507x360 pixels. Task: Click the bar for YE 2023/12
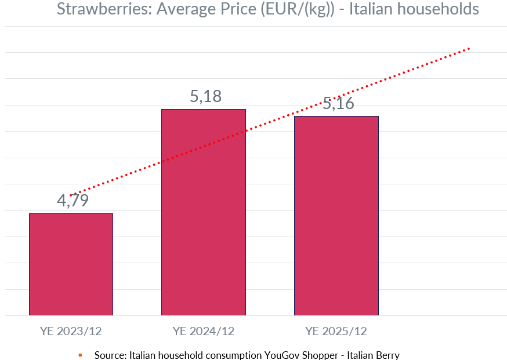pyautogui.click(x=71, y=264)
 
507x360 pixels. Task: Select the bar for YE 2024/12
pyautogui.click(x=203, y=212)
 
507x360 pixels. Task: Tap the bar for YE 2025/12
pyautogui.click(x=336, y=216)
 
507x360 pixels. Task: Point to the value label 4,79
pyautogui.click(x=72, y=201)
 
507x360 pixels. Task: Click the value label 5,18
pyautogui.click(x=206, y=96)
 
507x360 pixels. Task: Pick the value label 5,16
pyautogui.click(x=338, y=104)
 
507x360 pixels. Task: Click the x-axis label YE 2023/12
pyautogui.click(x=71, y=332)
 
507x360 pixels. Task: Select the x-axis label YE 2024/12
pyautogui.click(x=203, y=332)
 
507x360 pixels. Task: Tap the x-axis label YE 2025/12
pyautogui.click(x=336, y=332)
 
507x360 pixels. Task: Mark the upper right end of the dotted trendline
pyautogui.click(x=468, y=49)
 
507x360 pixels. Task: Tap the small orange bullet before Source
pyautogui.click(x=80, y=355)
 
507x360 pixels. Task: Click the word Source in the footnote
pyautogui.click(x=110, y=355)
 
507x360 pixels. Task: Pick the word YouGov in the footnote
pyautogui.click(x=283, y=355)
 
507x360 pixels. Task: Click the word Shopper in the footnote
pyautogui.click(x=321, y=355)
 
